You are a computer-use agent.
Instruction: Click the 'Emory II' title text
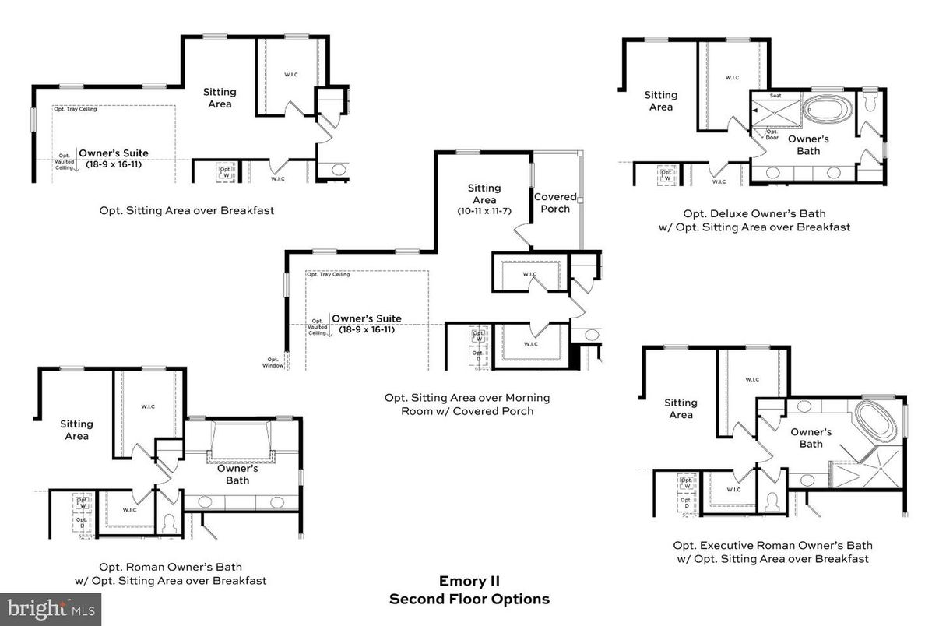(469, 581)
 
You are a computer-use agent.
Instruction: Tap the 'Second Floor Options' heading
(469, 599)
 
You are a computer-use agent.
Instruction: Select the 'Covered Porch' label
(555, 202)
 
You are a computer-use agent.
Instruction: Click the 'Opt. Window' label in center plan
(273, 362)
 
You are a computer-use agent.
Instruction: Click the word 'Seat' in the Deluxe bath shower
(775, 96)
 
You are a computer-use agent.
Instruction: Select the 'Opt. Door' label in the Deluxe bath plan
(772, 134)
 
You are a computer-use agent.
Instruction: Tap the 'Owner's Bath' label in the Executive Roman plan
(811, 438)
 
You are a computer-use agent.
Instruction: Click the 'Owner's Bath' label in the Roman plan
(237, 474)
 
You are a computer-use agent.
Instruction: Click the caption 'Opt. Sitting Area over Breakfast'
(186, 210)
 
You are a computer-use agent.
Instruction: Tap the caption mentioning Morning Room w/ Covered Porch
(467, 404)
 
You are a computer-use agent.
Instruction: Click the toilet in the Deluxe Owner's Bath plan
(870, 100)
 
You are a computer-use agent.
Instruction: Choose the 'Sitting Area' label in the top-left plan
(220, 97)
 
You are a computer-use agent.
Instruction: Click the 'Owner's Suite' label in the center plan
(367, 318)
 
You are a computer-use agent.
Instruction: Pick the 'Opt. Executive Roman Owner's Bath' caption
(772, 546)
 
